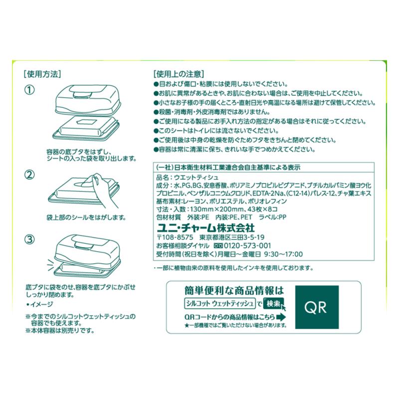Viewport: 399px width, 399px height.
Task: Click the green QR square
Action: [317, 307]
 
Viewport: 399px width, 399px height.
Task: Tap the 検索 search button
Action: [273, 303]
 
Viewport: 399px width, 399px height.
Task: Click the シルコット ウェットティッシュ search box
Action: [219, 303]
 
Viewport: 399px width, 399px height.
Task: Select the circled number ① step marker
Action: [29, 90]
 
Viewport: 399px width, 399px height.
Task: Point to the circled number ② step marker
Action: [29, 175]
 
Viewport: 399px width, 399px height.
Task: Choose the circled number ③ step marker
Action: [29, 239]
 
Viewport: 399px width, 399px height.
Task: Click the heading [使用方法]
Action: [42, 74]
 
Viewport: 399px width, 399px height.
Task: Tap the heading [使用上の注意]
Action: [179, 74]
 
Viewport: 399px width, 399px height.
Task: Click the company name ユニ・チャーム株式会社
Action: [205, 227]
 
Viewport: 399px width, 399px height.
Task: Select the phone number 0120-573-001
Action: [247, 246]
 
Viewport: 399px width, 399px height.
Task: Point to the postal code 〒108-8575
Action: [175, 237]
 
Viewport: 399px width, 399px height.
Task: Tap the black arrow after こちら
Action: [281, 317]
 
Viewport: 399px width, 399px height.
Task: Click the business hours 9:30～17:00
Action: [283, 254]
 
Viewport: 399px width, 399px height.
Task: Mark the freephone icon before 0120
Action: [218, 246]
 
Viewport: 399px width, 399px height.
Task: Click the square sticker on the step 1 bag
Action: [86, 122]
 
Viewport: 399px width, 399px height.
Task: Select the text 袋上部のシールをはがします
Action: [86, 217]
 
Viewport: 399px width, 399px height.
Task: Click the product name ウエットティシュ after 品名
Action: [196, 178]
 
